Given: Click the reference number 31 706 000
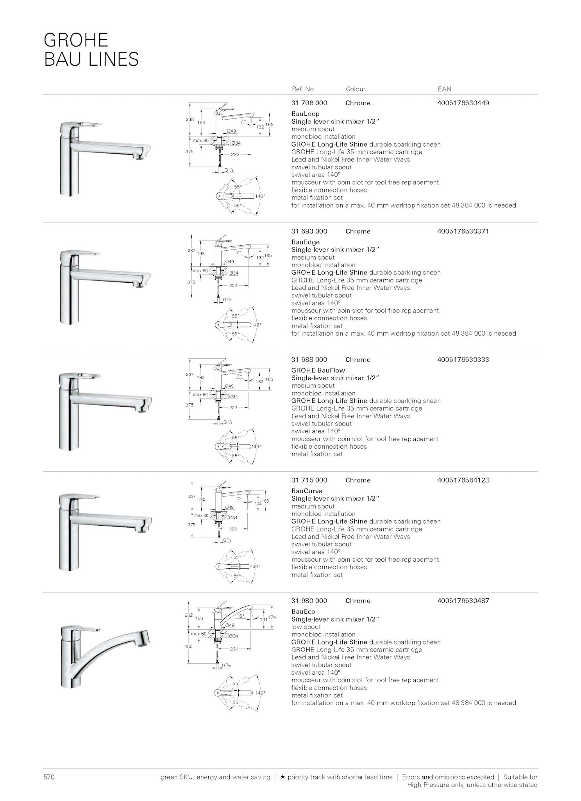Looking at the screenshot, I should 309,103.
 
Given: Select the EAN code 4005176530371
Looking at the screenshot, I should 463,231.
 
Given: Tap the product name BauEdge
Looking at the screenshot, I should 305,242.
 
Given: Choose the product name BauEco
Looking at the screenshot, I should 303,611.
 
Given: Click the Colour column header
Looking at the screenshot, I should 355,89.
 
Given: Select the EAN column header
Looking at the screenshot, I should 444,89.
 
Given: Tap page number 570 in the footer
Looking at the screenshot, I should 49,777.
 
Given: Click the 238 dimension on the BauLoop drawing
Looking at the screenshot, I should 189,119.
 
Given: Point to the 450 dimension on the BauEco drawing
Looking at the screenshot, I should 188,646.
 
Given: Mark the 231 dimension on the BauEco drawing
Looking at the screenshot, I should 234,649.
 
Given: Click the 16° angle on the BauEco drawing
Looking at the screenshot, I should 241,616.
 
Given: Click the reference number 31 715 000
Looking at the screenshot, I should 309,480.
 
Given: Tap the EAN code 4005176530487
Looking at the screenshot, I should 463,601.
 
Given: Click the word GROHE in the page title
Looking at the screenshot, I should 76,40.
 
